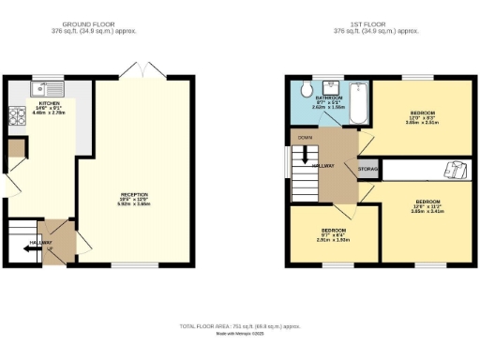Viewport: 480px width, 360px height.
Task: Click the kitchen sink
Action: point(39,89)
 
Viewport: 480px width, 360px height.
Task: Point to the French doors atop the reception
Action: point(138,71)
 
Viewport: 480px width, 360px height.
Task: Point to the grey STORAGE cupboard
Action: point(367,169)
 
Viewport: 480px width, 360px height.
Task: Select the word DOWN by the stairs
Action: point(305,137)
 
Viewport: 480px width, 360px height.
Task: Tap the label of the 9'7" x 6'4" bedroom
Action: point(335,232)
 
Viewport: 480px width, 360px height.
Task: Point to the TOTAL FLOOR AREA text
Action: point(240,325)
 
